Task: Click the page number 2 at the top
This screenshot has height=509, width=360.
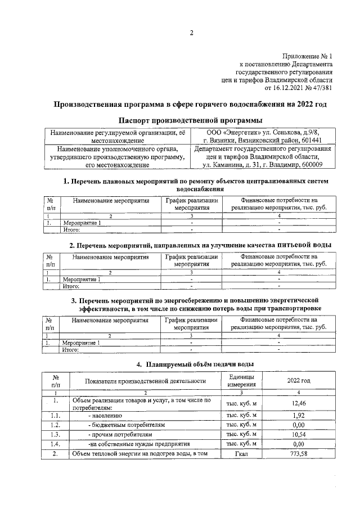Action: click(191, 32)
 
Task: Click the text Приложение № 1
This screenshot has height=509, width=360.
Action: click(307, 57)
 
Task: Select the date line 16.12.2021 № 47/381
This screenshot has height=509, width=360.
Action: click(298, 88)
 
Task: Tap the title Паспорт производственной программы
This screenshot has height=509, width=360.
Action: click(191, 121)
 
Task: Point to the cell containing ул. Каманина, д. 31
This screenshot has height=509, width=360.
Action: click(263, 165)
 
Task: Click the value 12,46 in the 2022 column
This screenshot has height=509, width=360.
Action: click(299, 403)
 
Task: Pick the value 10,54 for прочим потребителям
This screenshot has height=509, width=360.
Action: click(299, 434)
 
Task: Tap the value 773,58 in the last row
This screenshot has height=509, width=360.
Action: click(299, 453)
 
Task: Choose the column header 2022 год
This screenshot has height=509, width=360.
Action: click(299, 381)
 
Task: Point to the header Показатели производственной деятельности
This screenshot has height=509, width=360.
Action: click(146, 381)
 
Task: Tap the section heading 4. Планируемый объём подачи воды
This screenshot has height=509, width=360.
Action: click(191, 363)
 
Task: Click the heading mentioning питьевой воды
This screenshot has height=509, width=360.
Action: click(200, 245)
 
